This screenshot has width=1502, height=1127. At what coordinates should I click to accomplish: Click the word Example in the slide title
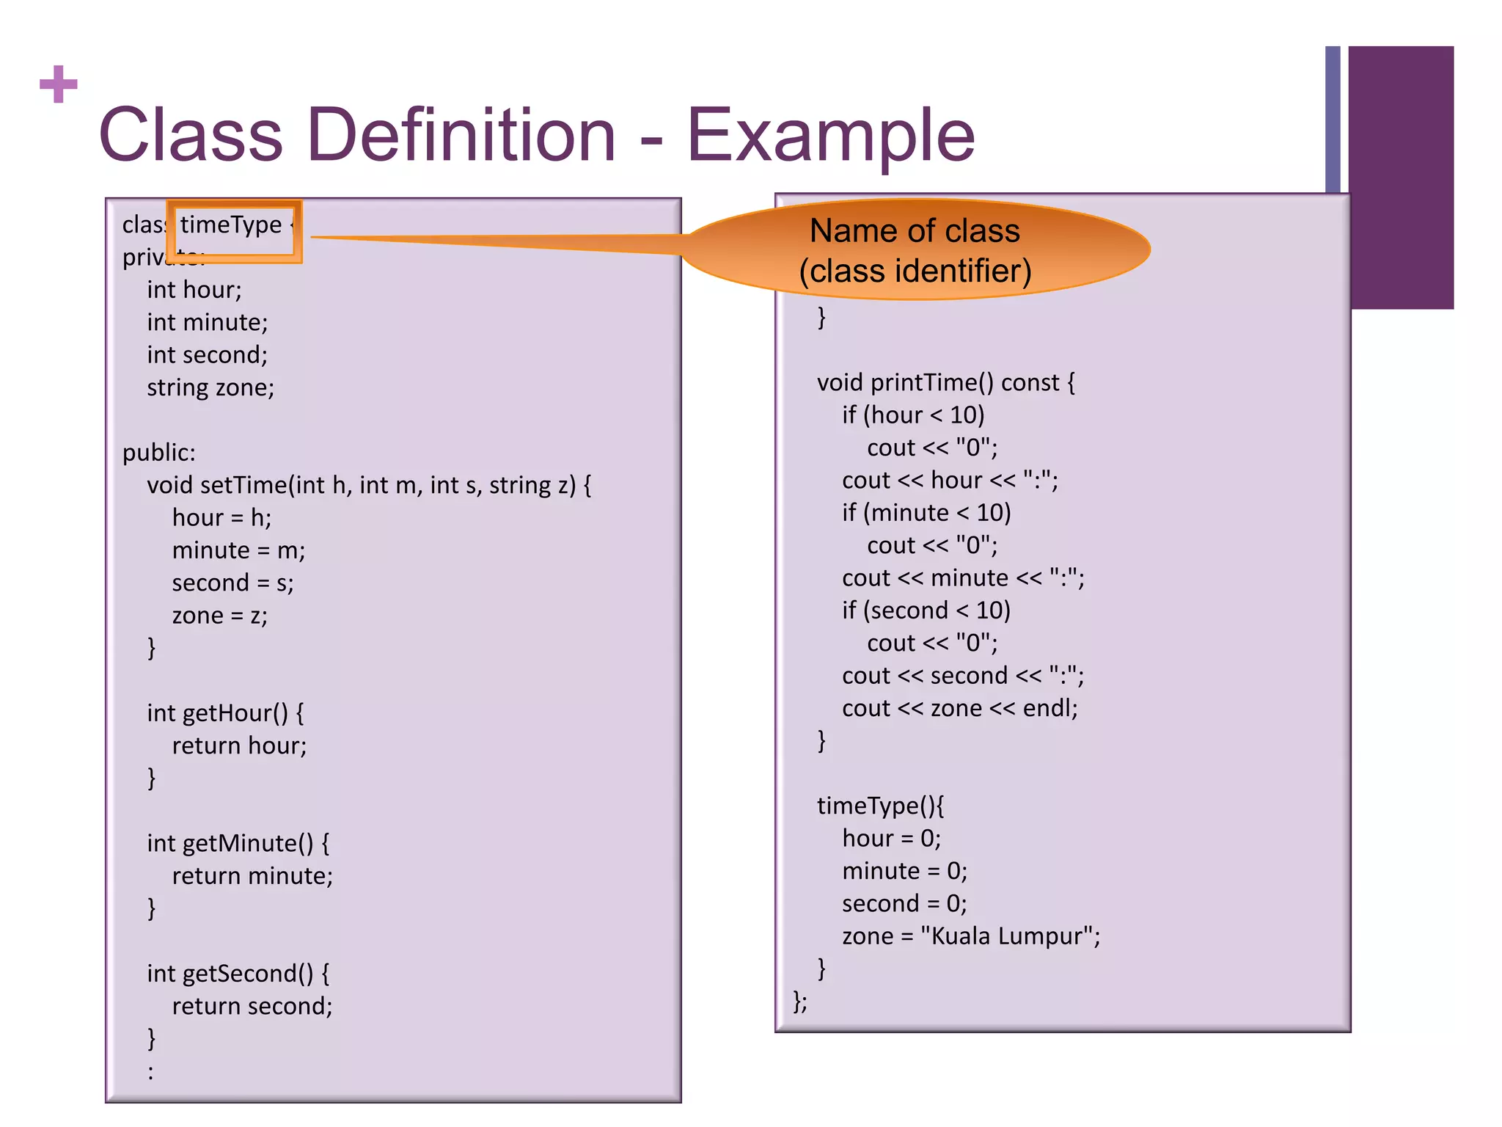(830, 136)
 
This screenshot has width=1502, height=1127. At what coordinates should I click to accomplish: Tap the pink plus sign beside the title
(59, 84)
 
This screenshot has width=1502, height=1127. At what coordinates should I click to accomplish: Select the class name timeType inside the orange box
(231, 225)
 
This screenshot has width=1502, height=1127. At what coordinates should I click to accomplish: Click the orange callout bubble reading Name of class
(915, 250)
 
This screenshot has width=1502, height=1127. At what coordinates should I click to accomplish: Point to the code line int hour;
(194, 291)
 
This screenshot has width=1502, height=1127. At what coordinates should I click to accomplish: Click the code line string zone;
(210, 388)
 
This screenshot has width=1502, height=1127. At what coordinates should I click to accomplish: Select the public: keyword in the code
(159, 453)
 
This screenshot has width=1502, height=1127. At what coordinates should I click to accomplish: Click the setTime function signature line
(369, 486)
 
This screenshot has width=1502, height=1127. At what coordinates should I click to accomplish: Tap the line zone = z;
(219, 616)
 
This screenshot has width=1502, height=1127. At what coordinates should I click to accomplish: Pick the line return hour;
(239, 746)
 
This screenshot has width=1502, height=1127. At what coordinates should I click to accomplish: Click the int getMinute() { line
(238, 844)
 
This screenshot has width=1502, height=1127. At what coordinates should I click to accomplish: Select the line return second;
(252, 1007)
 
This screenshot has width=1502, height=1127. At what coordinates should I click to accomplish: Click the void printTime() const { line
(946, 383)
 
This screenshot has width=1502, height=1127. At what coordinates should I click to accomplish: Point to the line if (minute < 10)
(926, 513)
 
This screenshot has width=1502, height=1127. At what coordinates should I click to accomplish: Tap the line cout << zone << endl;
(959, 709)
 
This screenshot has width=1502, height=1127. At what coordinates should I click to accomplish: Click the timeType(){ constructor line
(881, 806)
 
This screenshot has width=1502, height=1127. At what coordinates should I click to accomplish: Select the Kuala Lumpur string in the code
(1009, 937)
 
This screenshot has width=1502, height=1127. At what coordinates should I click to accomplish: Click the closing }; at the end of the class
(800, 1002)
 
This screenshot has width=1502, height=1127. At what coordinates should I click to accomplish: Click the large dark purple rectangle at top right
(1401, 177)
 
